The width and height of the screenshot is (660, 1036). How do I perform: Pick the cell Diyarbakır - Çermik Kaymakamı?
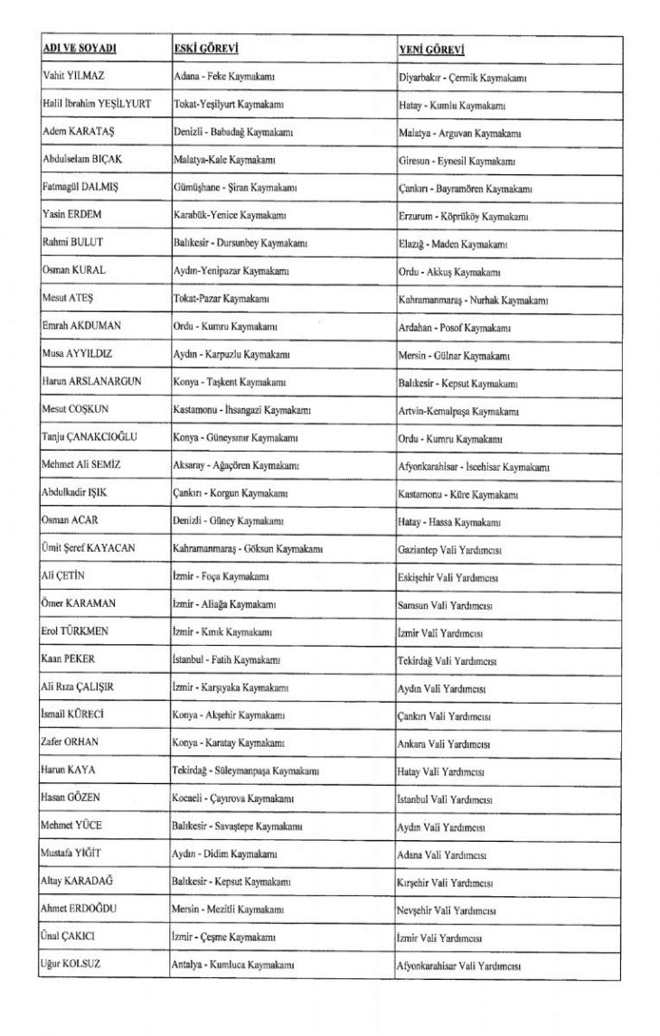463,78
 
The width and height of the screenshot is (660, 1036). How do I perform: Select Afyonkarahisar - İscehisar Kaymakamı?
474,467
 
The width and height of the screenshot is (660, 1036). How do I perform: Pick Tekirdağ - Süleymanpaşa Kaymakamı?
245,771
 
